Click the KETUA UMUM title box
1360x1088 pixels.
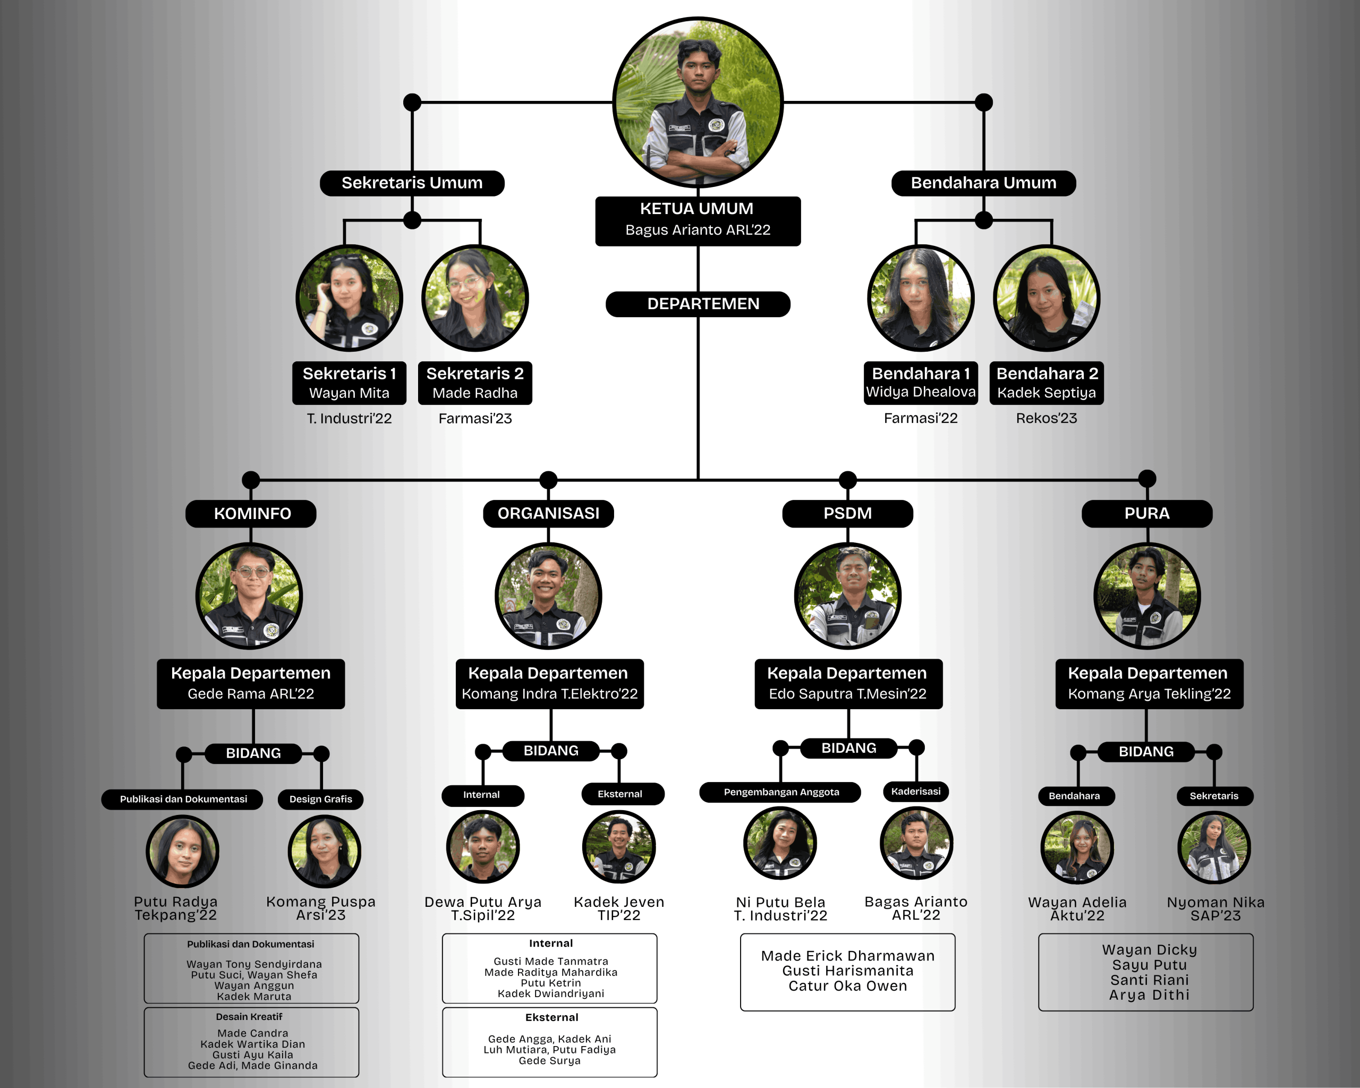pos(698,221)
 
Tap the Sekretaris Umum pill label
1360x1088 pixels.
pos(412,183)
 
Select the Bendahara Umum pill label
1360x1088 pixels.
pos(983,183)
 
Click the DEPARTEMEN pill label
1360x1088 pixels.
pos(698,304)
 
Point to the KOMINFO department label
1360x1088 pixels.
pos(251,513)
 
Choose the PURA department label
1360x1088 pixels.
pos(1147,513)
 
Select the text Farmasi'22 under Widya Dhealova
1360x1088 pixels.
pos(920,418)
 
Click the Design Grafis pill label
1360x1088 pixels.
pos(320,799)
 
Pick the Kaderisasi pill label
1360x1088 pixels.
pos(916,792)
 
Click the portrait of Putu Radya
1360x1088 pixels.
pos(182,851)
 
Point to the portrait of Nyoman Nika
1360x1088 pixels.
pos(1214,847)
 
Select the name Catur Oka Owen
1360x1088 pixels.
pos(847,986)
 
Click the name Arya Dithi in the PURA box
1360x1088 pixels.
pos(1149,994)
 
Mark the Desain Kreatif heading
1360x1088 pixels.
pos(249,1017)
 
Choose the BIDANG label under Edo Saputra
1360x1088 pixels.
pos(848,748)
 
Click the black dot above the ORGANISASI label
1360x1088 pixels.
pos(548,479)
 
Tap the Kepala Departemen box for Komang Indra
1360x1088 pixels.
pos(549,684)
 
